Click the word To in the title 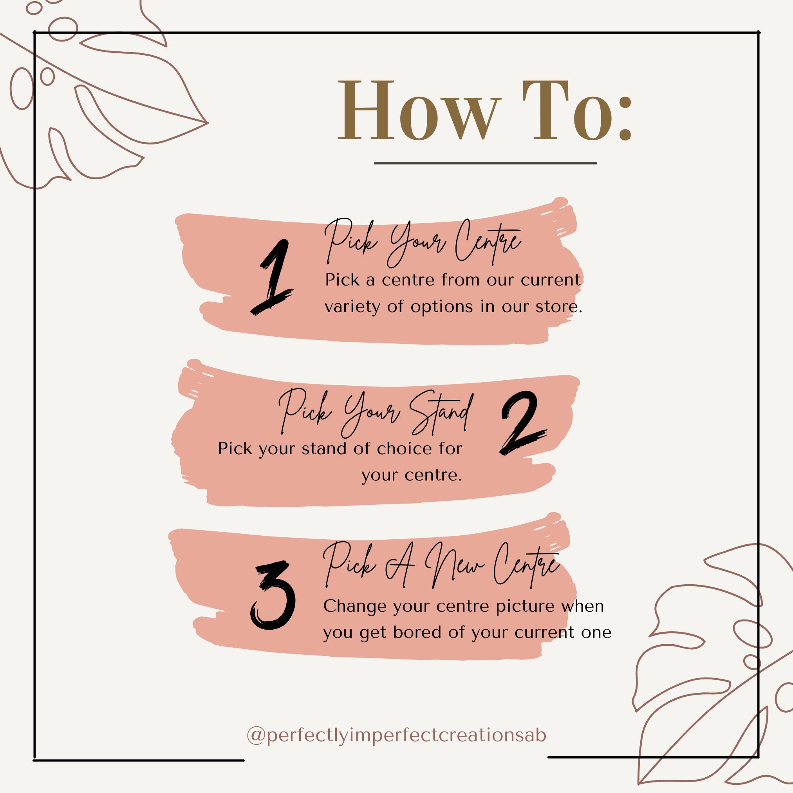coord(567,110)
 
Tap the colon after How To coord(625,119)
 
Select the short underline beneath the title coord(485,163)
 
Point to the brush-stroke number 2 coord(522,423)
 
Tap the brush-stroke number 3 coord(273,596)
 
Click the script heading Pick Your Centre coord(423,242)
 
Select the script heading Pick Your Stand coord(376,413)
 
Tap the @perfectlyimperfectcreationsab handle coord(396,735)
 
